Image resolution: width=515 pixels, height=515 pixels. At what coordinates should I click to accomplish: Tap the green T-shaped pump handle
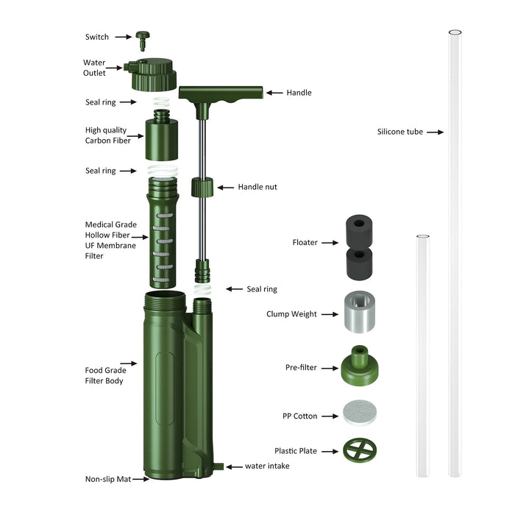[221, 93]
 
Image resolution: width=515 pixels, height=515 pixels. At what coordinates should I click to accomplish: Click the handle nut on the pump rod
[202, 187]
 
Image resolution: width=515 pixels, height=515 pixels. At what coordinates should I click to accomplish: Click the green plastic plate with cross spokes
[360, 450]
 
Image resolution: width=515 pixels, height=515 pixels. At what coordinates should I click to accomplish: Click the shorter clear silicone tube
[422, 353]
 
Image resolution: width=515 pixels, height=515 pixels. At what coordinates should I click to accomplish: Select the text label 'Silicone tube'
[399, 132]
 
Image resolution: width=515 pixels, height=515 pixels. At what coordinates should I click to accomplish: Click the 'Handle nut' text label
[257, 188]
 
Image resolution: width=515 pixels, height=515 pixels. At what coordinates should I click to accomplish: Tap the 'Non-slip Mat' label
[108, 479]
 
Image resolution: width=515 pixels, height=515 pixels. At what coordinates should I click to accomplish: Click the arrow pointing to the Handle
[274, 93]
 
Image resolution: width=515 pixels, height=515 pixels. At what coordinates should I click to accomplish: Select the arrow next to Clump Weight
[329, 314]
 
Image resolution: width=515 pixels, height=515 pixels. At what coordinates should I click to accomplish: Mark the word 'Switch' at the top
[96, 37]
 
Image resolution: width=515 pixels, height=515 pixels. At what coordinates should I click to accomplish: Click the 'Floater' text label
[305, 242]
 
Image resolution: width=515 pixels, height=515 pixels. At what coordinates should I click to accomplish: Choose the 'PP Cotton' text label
[300, 416]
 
